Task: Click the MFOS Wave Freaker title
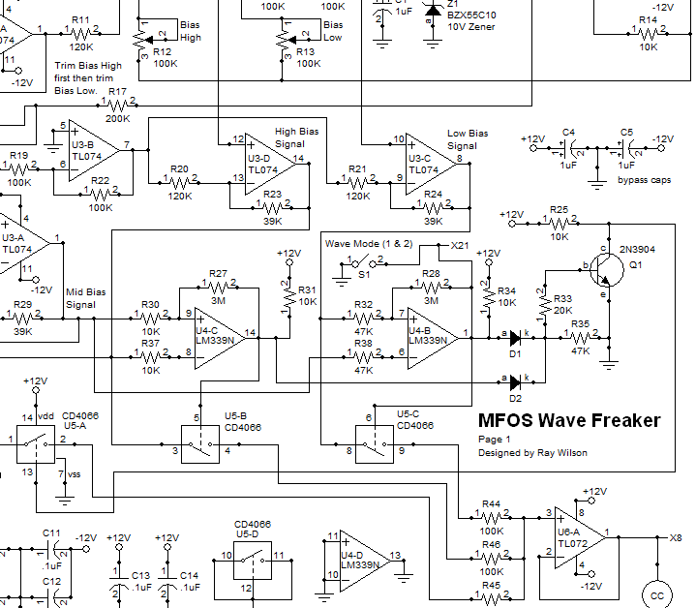[569, 420]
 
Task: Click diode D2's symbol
[515, 382]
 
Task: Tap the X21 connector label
[460, 247]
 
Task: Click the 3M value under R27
[218, 300]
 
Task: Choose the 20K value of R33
[562, 311]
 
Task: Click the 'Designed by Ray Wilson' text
[533, 452]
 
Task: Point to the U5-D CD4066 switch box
[252, 559]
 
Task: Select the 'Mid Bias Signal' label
[86, 297]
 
